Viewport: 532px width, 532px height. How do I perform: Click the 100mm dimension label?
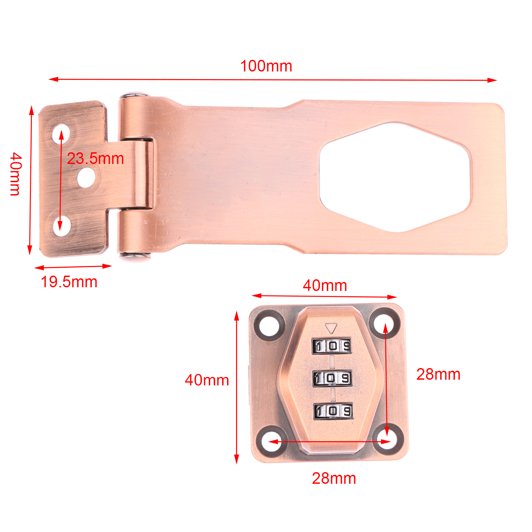tap(266, 66)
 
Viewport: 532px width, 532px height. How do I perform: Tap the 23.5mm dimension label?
tap(95, 159)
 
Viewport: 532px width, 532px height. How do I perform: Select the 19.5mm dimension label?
tap(69, 282)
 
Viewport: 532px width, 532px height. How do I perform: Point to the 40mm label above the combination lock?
tap(325, 286)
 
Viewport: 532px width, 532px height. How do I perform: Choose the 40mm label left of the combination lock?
tap(207, 380)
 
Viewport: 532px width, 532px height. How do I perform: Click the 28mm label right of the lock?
tap(438, 374)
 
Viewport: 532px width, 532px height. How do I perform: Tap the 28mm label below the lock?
tap(334, 478)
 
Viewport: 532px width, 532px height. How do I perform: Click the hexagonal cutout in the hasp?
tap(395, 177)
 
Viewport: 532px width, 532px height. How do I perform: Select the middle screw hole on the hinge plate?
tap(86, 177)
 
